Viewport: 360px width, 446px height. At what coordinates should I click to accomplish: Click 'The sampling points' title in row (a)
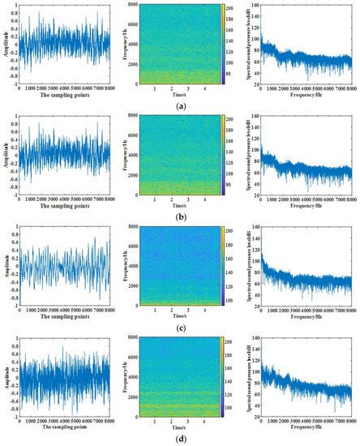[x=63, y=95]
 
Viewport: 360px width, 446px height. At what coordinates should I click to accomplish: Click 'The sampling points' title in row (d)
[x=63, y=429]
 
